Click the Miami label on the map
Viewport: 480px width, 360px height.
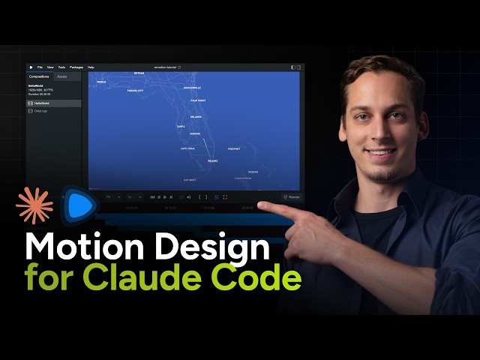212,160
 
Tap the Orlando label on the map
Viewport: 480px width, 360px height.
196,117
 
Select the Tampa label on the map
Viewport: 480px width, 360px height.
180,127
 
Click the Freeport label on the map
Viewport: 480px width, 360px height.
234,148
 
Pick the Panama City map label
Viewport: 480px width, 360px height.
135,91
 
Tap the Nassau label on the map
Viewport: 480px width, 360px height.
253,172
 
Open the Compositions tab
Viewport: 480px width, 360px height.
39,76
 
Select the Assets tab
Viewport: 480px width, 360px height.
61,76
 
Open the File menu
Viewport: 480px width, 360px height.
40,67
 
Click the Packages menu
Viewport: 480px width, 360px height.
76,67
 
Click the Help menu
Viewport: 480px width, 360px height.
91,67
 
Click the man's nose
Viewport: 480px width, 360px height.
380,136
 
